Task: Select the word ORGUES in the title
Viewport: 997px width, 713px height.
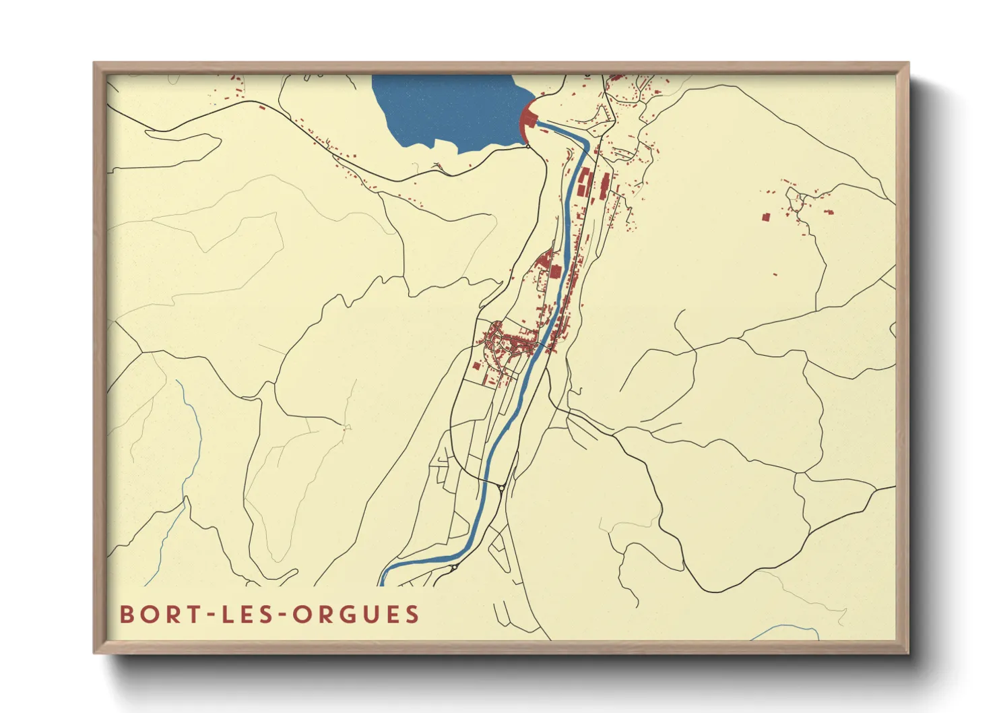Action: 356,615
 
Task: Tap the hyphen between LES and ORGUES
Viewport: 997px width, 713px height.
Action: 282,615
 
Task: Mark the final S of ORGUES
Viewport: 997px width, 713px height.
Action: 412,615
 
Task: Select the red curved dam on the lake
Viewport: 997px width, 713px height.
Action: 525,121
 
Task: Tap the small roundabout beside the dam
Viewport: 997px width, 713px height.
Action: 529,146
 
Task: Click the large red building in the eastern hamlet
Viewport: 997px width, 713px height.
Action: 766,217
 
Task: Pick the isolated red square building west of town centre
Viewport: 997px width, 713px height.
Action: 476,366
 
